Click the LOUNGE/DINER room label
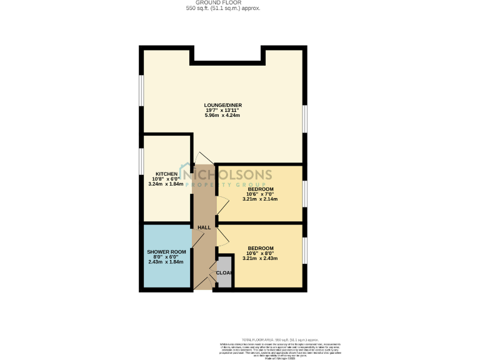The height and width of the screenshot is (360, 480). click(x=222, y=105)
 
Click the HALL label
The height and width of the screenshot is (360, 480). click(x=204, y=227)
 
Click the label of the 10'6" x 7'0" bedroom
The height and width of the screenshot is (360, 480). click(x=260, y=189)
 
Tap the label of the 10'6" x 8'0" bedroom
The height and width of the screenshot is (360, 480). click(x=260, y=247)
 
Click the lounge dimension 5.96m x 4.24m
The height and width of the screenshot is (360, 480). click(x=222, y=116)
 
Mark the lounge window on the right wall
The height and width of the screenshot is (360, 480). click(x=305, y=119)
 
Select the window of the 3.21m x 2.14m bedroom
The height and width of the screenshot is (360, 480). click(x=305, y=193)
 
